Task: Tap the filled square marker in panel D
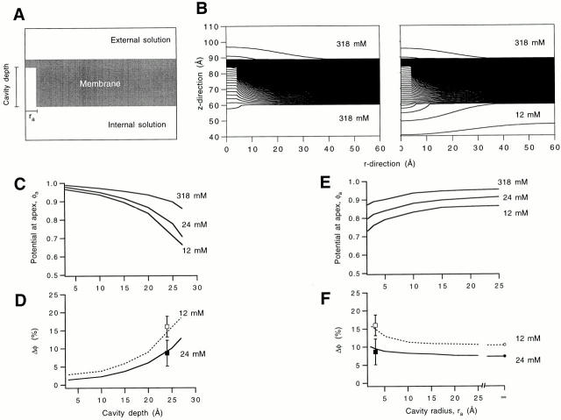[x=167, y=352]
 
